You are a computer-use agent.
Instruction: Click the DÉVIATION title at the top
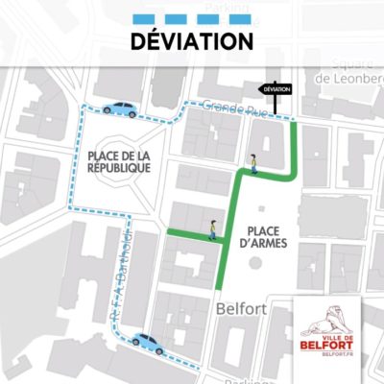coord(191,41)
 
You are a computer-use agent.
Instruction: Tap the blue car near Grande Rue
coord(120,109)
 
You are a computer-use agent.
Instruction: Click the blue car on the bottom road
coord(149,342)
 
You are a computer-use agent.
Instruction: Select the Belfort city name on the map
coord(239,308)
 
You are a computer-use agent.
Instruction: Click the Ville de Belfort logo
coord(328,327)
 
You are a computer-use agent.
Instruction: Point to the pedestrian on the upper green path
coord(253,164)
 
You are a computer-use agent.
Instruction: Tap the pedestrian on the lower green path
coord(212,228)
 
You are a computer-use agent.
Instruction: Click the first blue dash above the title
coord(145,17)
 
